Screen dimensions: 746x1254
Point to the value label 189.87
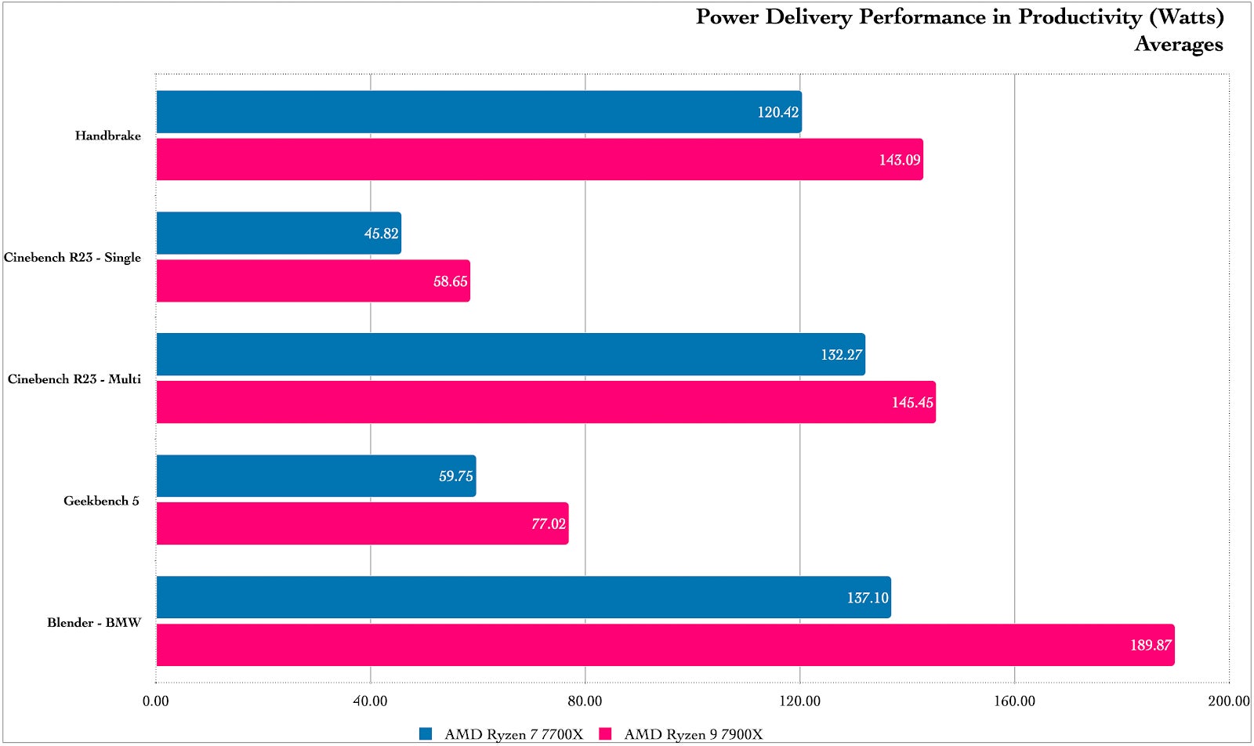1151,646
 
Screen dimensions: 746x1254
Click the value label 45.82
381,234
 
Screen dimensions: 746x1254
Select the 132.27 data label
841,355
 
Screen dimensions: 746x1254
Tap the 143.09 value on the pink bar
899,160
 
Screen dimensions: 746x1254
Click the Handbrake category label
108,136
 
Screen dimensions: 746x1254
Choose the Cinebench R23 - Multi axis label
74,379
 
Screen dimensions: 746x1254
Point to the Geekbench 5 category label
101,501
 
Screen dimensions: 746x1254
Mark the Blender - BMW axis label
94,623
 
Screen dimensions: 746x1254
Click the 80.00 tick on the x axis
585,701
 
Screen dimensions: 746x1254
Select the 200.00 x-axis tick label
1228,701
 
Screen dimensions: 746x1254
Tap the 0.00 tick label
156,701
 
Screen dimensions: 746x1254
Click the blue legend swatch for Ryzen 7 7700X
426,734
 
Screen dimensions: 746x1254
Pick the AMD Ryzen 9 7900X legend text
693,734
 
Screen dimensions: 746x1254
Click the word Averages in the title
1178,44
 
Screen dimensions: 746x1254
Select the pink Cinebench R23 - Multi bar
545,402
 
